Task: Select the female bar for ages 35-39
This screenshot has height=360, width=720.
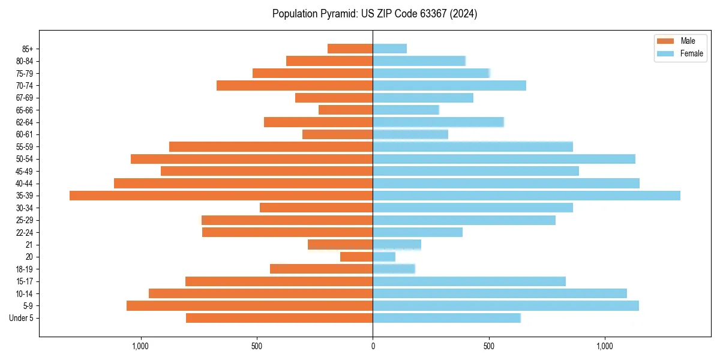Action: (526, 196)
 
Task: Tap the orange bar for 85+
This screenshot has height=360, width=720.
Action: (350, 49)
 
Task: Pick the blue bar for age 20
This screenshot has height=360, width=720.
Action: (384, 257)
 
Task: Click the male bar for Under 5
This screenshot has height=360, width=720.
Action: (279, 318)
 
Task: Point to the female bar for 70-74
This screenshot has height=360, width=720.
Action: (449, 85)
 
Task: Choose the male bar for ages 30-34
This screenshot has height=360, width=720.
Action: (316, 208)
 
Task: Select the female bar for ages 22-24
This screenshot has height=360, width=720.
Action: (418, 232)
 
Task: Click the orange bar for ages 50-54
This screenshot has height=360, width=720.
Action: (251, 159)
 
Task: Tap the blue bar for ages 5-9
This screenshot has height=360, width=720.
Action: (505, 306)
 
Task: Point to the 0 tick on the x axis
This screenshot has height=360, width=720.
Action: (373, 346)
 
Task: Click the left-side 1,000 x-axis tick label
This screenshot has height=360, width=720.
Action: (140, 346)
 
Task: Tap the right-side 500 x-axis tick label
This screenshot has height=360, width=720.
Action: (488, 346)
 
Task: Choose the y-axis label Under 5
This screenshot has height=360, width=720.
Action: (21, 318)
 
